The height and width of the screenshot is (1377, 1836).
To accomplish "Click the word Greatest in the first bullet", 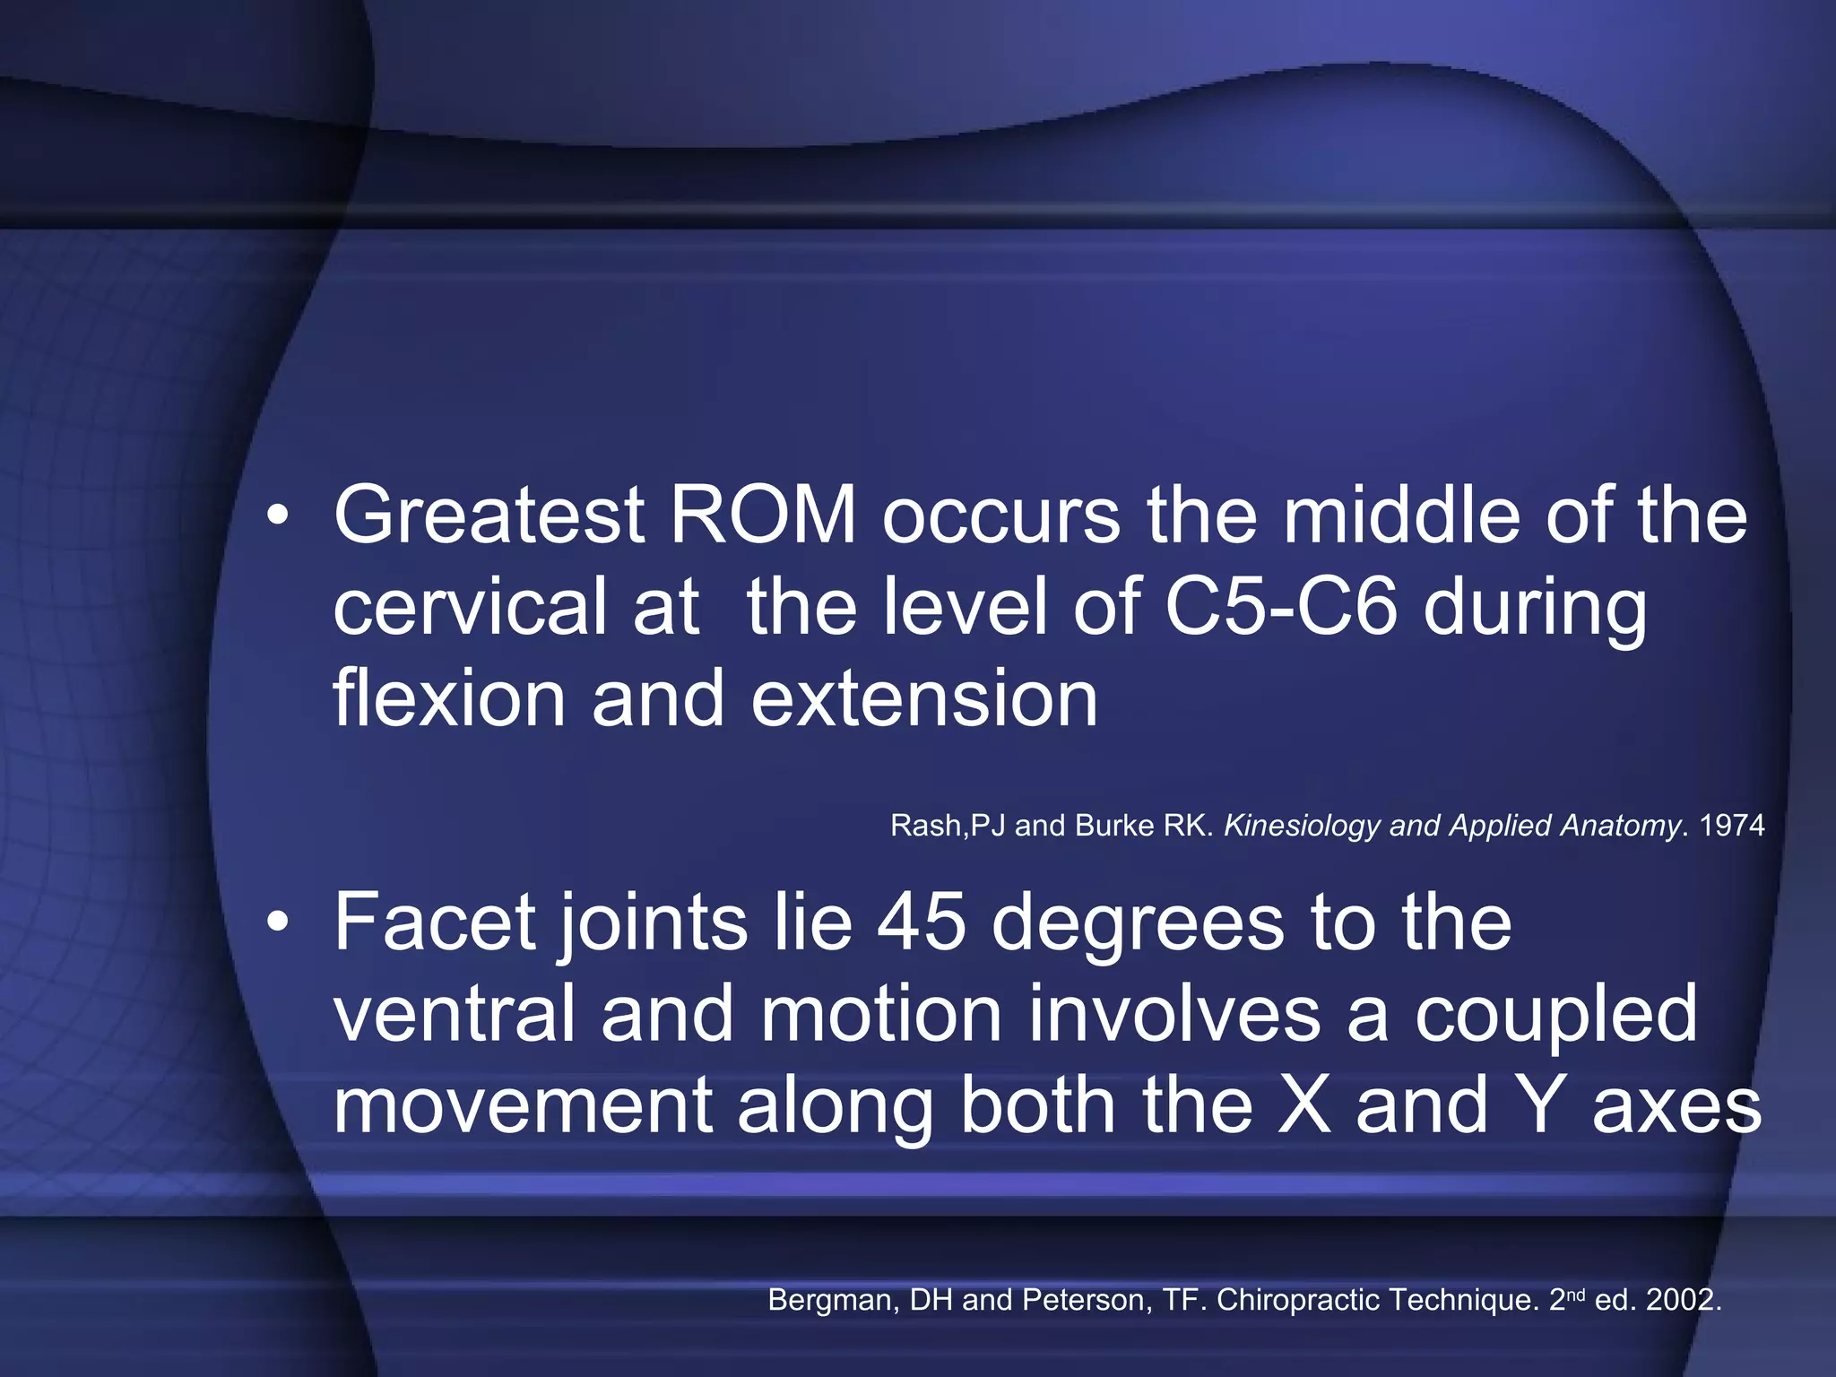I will point(489,516).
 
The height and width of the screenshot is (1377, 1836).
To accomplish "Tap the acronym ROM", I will point(763,515).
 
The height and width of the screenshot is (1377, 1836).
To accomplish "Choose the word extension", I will point(924,699).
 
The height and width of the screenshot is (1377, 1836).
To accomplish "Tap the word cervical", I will point(470,606).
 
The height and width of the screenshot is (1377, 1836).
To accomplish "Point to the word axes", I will point(1676,1106).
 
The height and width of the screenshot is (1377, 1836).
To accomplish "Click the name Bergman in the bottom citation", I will point(834,1301).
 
